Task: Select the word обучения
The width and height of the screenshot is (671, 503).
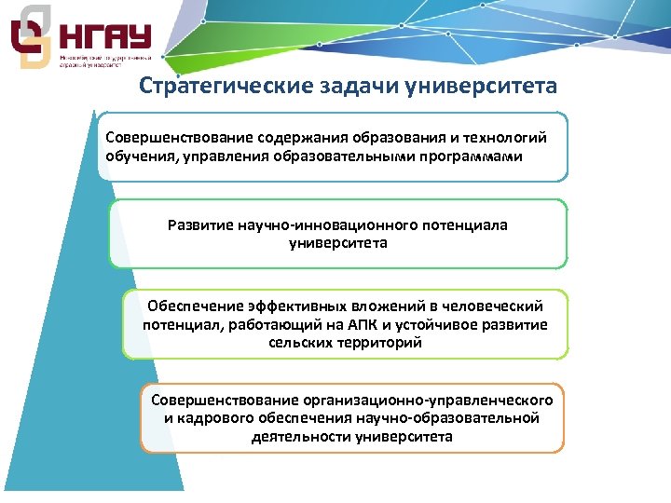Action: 139,156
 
